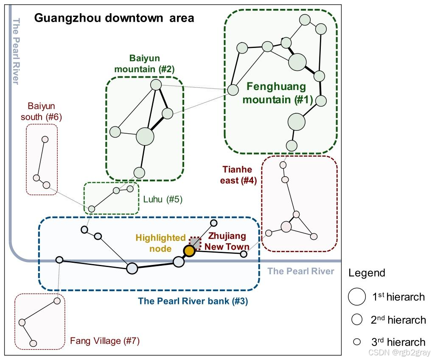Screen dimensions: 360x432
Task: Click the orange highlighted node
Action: (189, 251)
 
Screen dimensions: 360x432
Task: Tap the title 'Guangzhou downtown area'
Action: (114, 18)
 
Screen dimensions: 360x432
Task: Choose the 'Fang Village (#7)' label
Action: (105, 340)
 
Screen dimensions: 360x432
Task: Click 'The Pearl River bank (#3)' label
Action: (193, 301)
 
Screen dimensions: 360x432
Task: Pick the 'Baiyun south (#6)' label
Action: (42, 111)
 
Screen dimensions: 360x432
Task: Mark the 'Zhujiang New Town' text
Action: (227, 241)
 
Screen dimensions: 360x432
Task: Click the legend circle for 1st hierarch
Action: (357, 296)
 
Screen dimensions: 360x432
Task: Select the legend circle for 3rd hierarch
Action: (357, 342)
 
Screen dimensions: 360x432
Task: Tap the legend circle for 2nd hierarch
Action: (357, 319)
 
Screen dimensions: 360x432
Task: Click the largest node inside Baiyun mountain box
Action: (145, 137)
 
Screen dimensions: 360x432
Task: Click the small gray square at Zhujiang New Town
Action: (195, 242)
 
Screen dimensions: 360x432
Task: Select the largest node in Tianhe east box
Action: (286, 227)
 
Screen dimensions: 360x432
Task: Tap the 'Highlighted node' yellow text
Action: (161, 243)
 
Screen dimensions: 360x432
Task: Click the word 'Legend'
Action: (367, 273)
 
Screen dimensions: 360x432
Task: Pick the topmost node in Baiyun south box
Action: (45, 139)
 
